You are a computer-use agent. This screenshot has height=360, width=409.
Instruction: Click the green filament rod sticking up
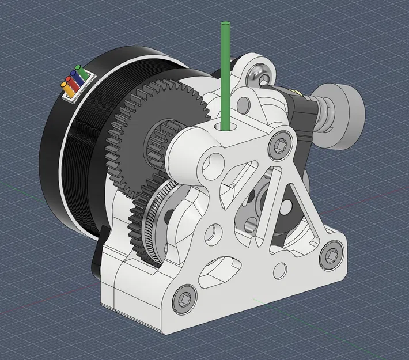point(225,69)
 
